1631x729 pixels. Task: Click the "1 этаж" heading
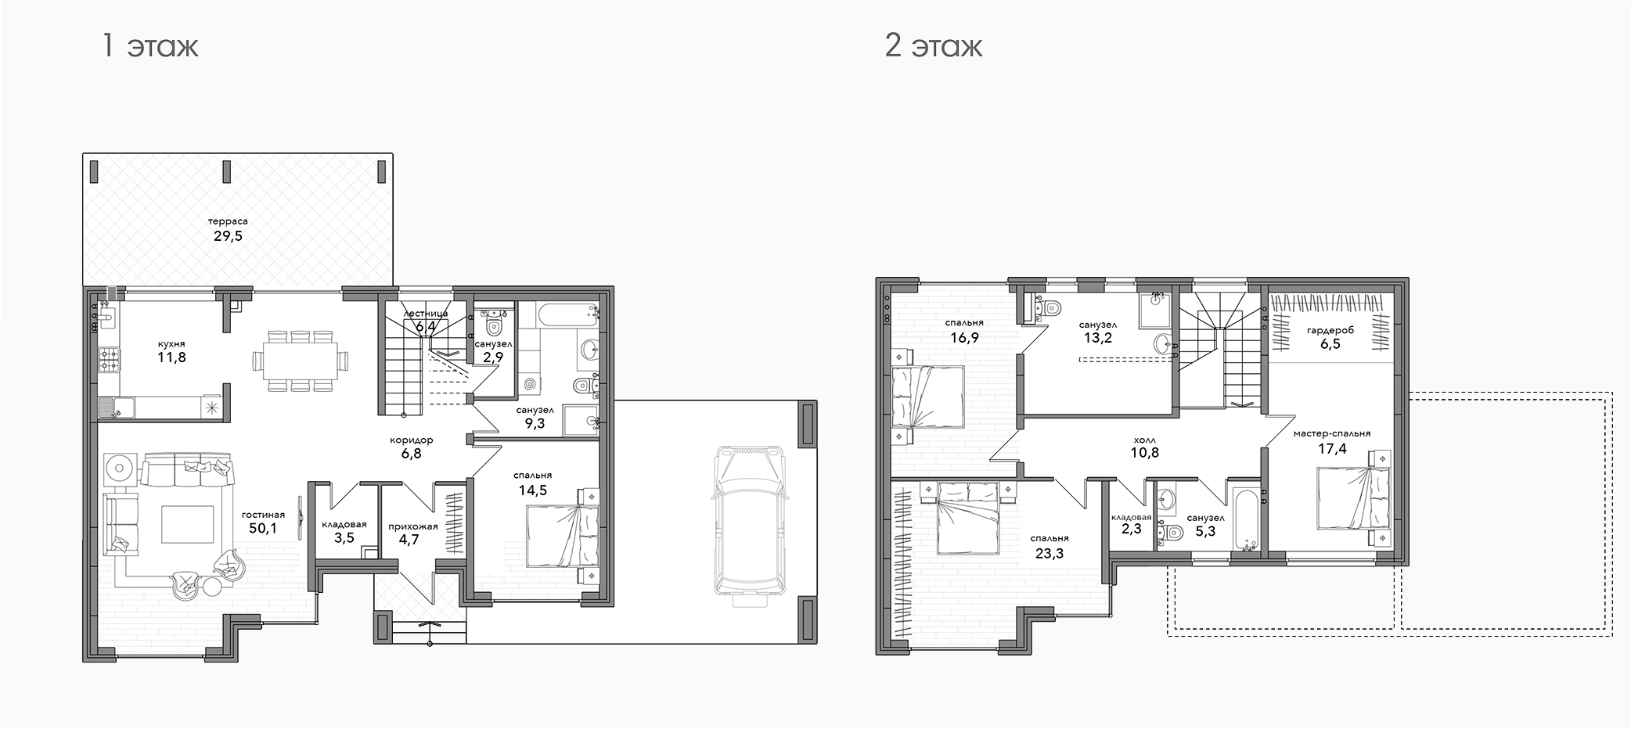pos(150,46)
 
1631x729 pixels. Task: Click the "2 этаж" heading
pos(934,46)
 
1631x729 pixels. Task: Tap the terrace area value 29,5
pos(228,235)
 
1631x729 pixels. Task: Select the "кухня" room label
pos(171,343)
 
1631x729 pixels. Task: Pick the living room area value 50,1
pos(262,529)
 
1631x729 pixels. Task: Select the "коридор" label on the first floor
pos(411,440)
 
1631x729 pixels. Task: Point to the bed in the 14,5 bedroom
pos(563,536)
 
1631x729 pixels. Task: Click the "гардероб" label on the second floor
pos(1330,331)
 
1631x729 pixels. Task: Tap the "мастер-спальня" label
pos(1331,433)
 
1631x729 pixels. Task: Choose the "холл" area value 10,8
pos(1144,452)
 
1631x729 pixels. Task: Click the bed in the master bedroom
pos(1353,498)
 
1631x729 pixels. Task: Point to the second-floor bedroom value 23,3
pos(1050,554)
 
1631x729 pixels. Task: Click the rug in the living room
pos(187,523)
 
